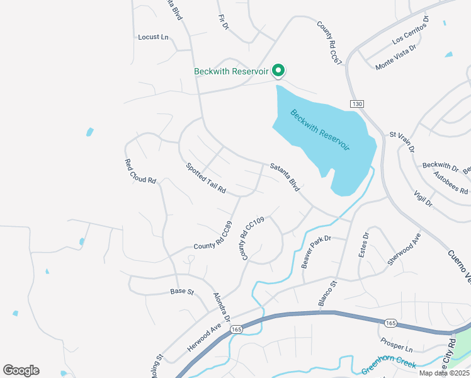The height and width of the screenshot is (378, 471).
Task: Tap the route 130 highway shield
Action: click(x=357, y=103)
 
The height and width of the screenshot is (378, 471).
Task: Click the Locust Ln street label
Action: click(x=154, y=37)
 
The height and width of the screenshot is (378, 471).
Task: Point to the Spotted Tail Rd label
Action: click(x=205, y=178)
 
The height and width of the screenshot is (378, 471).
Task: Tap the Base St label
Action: click(x=181, y=292)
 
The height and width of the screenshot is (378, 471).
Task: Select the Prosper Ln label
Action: click(x=396, y=345)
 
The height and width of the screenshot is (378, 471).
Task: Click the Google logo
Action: click(x=21, y=370)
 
